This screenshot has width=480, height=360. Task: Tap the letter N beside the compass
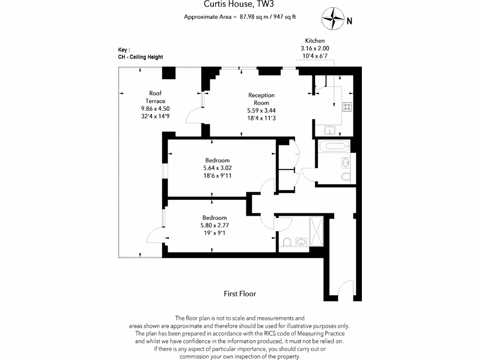click(349, 21)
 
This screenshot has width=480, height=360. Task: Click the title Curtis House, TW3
click(240, 5)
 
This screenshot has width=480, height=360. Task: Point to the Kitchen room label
click(315, 41)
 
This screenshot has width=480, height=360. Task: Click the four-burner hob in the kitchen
click(347, 107)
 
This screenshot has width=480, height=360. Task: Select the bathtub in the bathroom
click(333, 147)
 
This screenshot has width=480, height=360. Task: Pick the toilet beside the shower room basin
click(288, 242)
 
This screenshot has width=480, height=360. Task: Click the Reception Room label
click(261, 99)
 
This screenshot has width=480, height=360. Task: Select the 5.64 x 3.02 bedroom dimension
click(217, 168)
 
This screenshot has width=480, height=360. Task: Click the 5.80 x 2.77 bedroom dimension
click(214, 225)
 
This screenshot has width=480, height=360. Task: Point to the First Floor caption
click(240, 294)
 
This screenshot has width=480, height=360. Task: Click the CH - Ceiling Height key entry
click(141, 57)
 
